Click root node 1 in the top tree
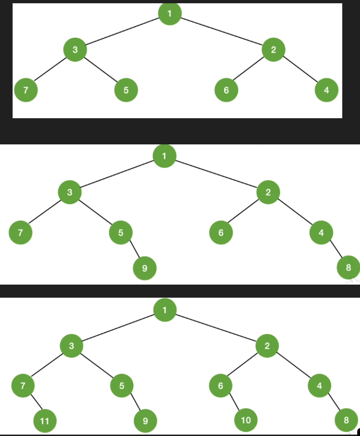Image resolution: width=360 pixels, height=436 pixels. click(169, 14)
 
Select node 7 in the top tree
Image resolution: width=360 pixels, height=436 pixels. click(26, 90)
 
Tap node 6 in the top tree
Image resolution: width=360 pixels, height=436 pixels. click(226, 90)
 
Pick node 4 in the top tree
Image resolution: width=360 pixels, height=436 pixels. click(326, 90)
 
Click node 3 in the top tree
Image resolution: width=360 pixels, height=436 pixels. click(75, 50)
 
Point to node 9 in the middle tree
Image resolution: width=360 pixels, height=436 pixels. click(144, 268)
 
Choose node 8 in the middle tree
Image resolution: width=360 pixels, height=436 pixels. click(348, 267)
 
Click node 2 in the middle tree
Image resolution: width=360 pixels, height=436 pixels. click(268, 192)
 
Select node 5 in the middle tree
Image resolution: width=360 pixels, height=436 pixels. click(120, 232)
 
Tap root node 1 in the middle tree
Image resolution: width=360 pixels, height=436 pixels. click(164, 156)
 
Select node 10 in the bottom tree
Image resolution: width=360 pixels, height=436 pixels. click(246, 420)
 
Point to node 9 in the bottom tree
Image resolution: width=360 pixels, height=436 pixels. click(145, 421)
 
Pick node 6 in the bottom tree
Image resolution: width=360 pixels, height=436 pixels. click(221, 386)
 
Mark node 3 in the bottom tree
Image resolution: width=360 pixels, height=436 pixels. click(71, 346)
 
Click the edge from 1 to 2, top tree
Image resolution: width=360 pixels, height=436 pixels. click(221, 31)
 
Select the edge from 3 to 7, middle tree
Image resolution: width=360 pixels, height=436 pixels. click(45, 212)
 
